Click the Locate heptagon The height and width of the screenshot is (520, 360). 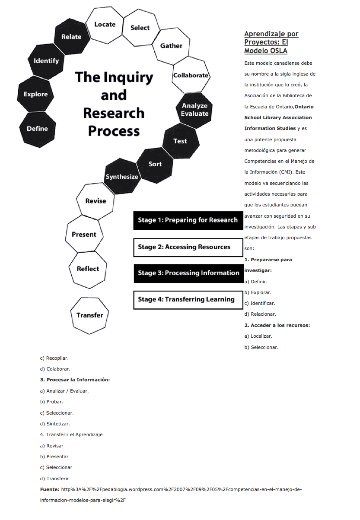105,25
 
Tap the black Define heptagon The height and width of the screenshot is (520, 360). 38,129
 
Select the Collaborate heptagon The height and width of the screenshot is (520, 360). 191,76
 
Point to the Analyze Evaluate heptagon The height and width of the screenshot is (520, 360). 194,110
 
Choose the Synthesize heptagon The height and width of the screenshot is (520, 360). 122,177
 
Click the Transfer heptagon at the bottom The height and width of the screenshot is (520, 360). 90,315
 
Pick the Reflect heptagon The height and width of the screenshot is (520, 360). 88,269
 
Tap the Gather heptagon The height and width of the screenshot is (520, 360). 172,46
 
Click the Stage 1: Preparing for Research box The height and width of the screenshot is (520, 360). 188,220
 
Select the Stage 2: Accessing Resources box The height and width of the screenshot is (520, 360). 188,247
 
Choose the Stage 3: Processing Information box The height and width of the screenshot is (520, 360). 188,273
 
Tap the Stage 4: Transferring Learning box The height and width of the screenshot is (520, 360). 188,299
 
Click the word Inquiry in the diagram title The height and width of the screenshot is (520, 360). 127,77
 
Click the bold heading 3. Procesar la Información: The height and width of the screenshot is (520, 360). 75,380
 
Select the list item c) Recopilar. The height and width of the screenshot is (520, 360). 54,358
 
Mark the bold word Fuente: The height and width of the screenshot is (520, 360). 49,489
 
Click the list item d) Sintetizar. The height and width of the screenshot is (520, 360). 55,424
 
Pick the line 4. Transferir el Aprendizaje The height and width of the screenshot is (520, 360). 71,434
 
